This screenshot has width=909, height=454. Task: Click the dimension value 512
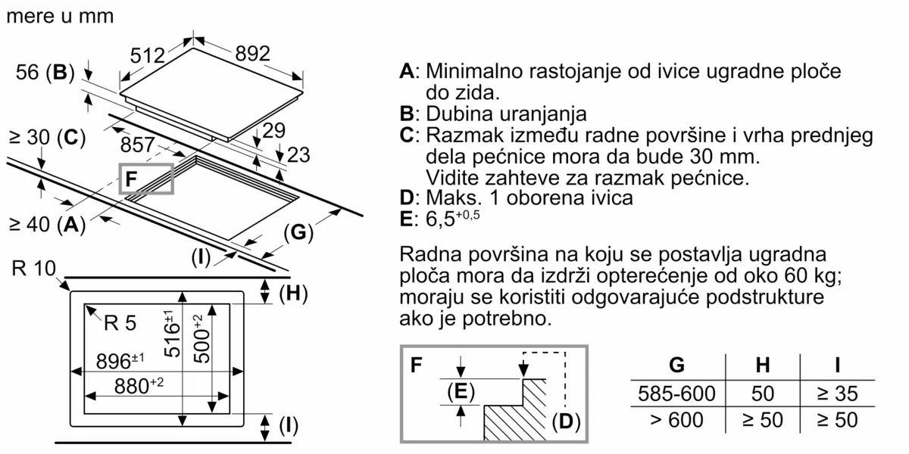click(147, 55)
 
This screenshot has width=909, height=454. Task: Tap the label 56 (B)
click(45, 73)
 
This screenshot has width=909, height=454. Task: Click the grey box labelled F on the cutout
click(146, 179)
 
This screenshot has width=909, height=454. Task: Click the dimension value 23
click(299, 155)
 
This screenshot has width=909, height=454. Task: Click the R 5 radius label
click(120, 324)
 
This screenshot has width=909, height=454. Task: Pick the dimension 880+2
click(133, 385)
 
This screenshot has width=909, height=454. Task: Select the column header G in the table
click(676, 365)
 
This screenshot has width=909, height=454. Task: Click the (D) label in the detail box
click(565, 420)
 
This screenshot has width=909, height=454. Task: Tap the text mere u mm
click(59, 16)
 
